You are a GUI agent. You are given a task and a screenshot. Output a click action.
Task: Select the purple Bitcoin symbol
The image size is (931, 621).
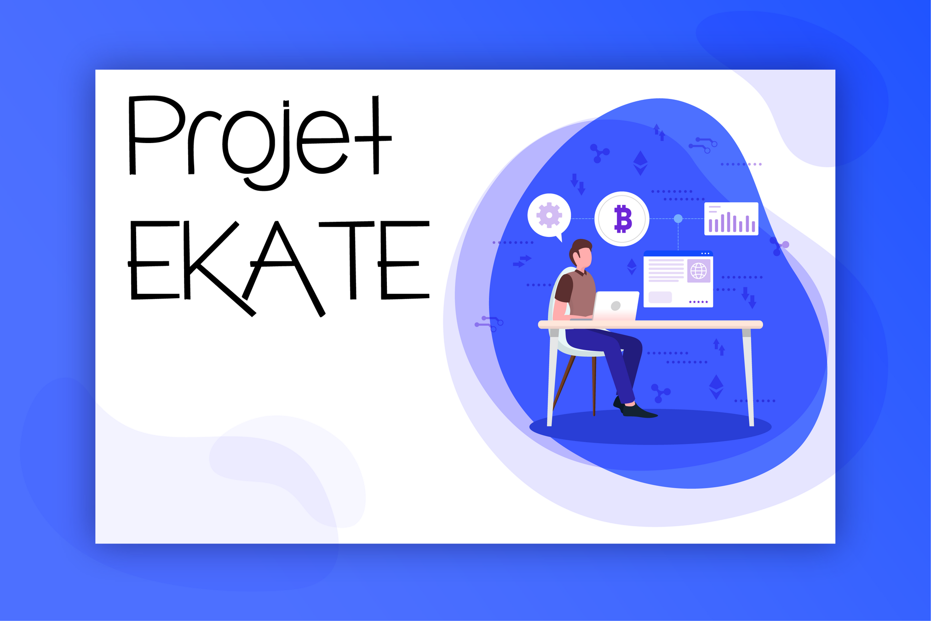(623, 219)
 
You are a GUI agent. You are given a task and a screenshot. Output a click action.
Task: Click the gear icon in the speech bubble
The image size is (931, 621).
(549, 215)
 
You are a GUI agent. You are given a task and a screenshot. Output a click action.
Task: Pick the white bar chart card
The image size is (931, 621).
(731, 219)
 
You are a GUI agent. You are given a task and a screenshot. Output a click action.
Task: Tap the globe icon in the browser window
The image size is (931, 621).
(698, 270)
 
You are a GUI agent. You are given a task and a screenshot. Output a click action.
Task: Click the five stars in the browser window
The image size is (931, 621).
(698, 302)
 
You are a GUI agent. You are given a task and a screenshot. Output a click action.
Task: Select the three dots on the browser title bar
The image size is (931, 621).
(706, 253)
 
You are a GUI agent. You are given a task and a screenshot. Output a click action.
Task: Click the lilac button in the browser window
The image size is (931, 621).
(660, 297)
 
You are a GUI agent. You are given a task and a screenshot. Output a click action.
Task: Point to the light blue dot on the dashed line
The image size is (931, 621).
(678, 218)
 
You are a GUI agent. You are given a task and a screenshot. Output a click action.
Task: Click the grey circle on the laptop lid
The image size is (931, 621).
(615, 306)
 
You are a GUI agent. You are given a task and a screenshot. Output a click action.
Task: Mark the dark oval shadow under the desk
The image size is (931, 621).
(650, 427)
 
